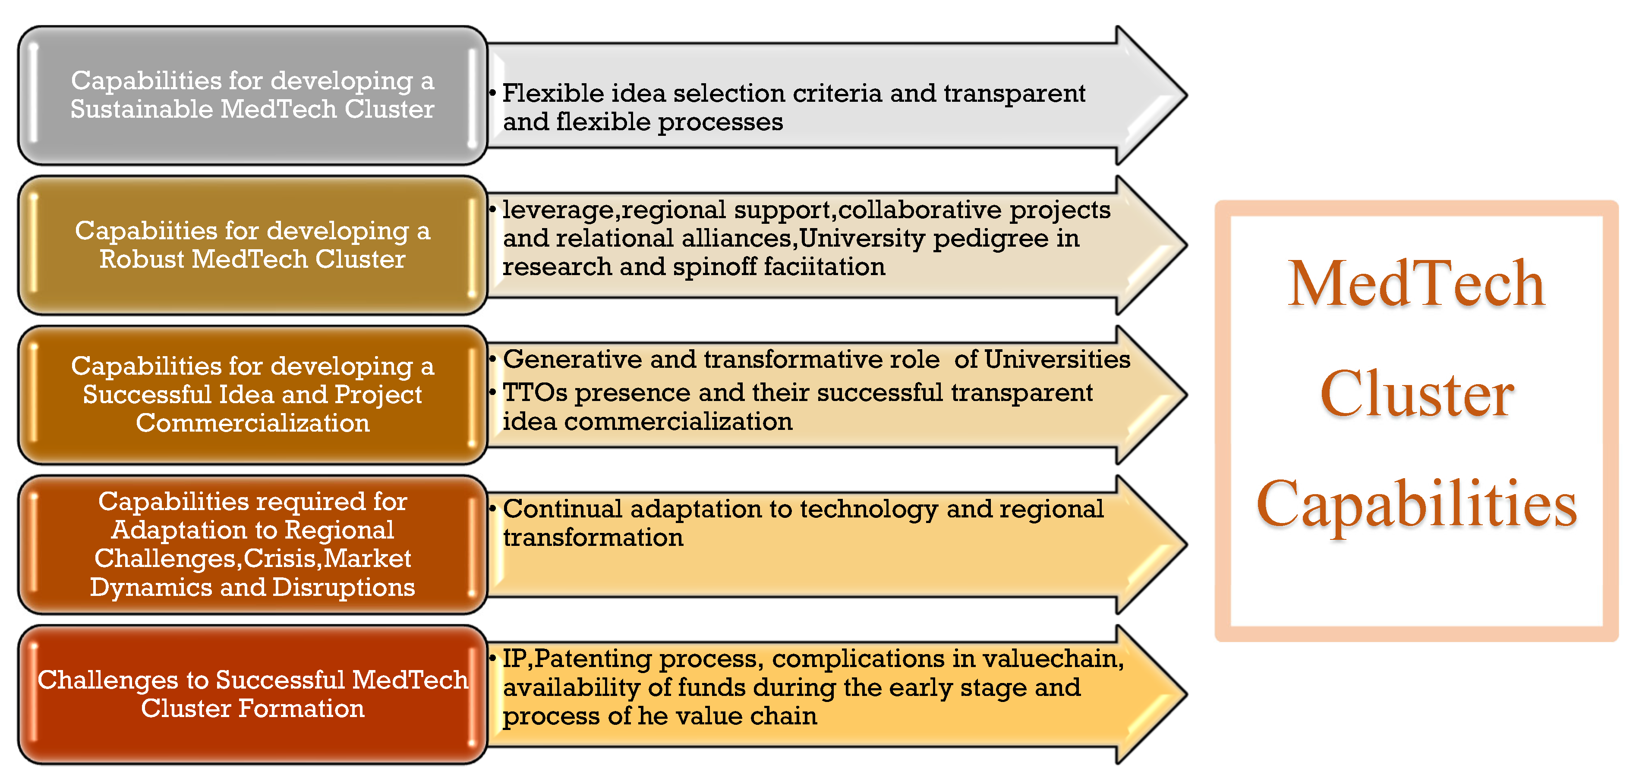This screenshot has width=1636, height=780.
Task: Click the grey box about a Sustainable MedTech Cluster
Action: pos(252,95)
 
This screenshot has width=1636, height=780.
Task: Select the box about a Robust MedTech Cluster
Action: pos(252,245)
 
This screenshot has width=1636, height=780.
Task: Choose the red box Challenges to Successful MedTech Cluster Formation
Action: pos(252,694)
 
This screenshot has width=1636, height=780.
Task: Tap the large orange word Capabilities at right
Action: pos(1416,504)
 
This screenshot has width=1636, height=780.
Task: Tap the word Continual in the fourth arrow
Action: pos(562,509)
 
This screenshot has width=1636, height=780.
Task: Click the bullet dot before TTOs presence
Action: pos(493,393)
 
